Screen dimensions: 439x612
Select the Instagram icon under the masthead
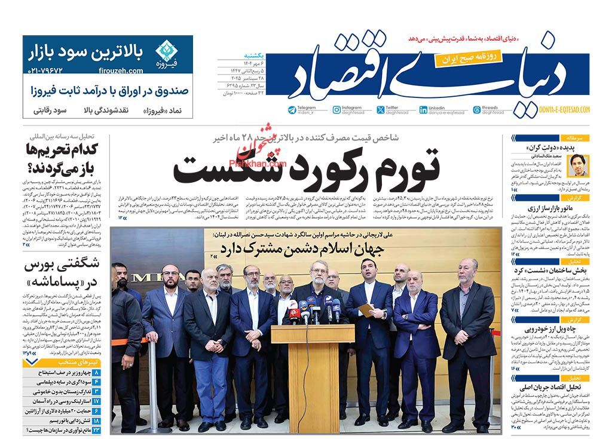(x=336, y=109)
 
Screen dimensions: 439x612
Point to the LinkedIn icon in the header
(x=423, y=109)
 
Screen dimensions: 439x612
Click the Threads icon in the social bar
(x=476, y=109)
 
